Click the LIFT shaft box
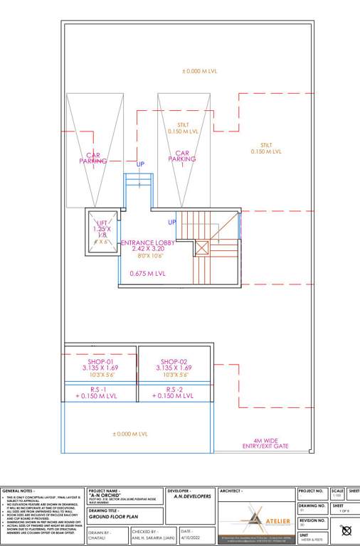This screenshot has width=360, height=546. click(x=101, y=230)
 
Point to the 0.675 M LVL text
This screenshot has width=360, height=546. click(x=147, y=273)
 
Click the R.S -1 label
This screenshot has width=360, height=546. click(x=100, y=390)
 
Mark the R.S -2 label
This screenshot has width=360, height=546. click(x=174, y=390)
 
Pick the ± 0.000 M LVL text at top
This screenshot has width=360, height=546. click(x=200, y=72)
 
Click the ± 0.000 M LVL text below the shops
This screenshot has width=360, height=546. click(x=130, y=434)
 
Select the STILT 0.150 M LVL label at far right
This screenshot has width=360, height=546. click(x=266, y=149)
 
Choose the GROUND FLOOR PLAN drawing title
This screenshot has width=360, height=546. click(x=112, y=518)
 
